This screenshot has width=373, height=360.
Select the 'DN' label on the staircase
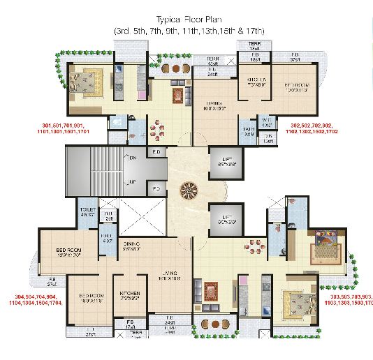click(132, 158)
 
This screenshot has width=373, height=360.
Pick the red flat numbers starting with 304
click(34, 299)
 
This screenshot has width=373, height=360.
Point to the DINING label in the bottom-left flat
click(131, 246)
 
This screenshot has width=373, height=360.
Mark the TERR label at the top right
click(254, 43)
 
